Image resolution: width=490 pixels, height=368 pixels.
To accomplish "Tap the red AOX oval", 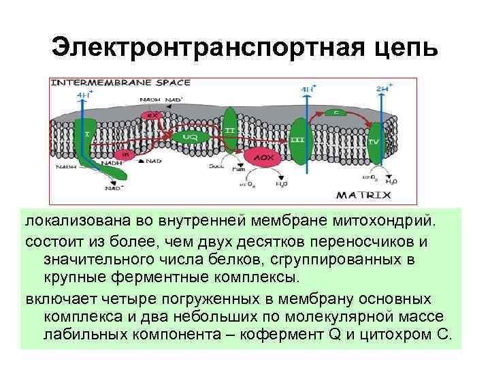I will click(263, 156).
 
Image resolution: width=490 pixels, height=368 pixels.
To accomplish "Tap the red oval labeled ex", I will click(154, 114).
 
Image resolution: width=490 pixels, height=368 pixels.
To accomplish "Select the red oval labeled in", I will click(125, 154).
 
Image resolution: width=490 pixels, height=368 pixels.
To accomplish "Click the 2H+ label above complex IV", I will click(383, 89).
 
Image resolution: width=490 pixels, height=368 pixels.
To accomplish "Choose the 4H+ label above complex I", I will click(85, 95).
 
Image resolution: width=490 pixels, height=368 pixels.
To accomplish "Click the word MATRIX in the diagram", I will click(365, 195).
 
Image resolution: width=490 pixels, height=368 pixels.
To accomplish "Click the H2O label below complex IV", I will click(391, 182).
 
